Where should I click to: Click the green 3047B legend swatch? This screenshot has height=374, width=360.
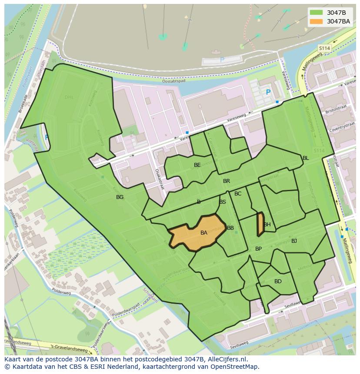[x=316, y=13]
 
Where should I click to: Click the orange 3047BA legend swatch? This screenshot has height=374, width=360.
[x=316, y=21]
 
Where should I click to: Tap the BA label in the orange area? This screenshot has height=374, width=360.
[x=204, y=233]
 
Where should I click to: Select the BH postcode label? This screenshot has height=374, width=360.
[x=267, y=225]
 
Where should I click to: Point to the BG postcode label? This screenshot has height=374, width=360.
[x=120, y=197]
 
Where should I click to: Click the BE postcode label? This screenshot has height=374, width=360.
[x=197, y=165]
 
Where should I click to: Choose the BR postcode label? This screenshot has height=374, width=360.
[x=227, y=181]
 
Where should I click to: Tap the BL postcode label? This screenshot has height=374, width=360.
[x=306, y=158]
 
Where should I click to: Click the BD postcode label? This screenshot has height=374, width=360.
[x=278, y=281]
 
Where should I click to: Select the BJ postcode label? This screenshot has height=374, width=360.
[x=294, y=241]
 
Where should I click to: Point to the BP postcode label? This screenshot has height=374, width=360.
[x=258, y=249]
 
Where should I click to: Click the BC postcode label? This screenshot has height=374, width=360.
[x=238, y=194]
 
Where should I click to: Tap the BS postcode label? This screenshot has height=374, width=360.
[x=223, y=202]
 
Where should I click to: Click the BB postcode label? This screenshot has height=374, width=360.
[x=230, y=228]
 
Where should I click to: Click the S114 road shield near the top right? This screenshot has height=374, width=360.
[x=324, y=48]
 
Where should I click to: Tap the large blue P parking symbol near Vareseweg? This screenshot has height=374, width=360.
[x=268, y=93]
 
